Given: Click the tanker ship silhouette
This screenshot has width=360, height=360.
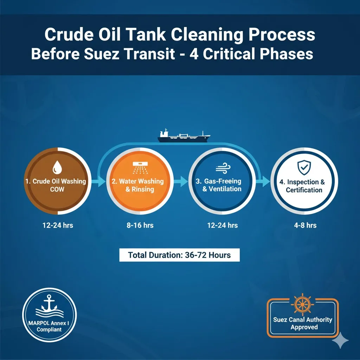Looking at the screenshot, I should [x=184, y=136].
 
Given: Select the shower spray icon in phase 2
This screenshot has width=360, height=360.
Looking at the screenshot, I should [x=140, y=167].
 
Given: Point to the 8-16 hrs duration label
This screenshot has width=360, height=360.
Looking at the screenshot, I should [x=140, y=225].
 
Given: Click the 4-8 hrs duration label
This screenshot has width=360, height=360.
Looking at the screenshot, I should [x=305, y=225].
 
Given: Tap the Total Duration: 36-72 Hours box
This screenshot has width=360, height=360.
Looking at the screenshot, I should [x=179, y=255].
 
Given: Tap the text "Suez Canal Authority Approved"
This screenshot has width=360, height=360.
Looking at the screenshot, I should [x=302, y=323].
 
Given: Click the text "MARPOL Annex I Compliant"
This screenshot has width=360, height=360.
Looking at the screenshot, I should [x=49, y=326].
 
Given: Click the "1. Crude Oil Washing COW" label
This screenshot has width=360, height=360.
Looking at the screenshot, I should [x=56, y=185].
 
